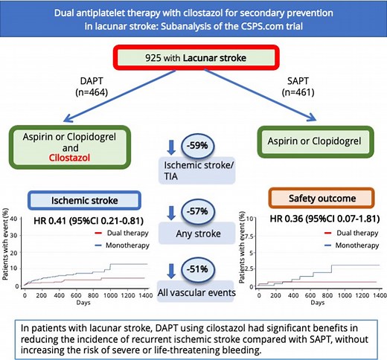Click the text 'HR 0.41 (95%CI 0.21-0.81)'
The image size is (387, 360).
click(80, 222)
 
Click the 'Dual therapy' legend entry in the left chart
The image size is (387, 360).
click(118, 234)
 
